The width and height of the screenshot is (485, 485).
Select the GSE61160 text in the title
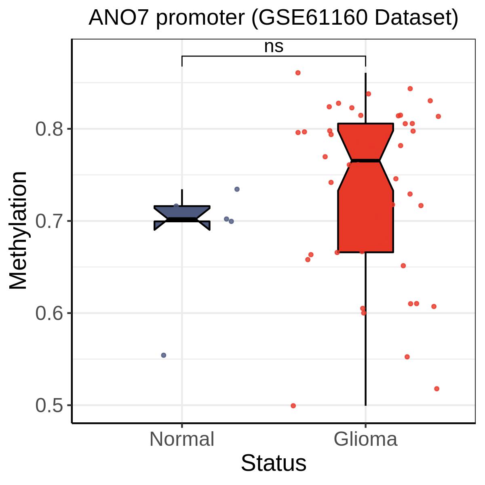pos(313,18)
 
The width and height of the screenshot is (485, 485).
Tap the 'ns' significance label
pos(274,46)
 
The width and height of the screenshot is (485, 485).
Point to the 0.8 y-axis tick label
pos(49,129)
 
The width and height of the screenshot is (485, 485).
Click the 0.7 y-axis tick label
pos(49,221)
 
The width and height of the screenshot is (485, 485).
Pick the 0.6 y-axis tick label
pos(49,313)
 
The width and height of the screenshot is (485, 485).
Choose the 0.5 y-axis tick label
pos(49,405)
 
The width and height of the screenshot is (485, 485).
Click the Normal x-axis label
pos(182,439)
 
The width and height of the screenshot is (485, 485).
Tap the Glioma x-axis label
pos(365,439)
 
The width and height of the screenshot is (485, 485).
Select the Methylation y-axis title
pos(18,230)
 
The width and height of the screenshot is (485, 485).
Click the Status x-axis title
pos(274,463)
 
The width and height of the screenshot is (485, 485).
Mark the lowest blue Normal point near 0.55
pos(164,355)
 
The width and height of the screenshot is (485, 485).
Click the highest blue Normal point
pos(237,189)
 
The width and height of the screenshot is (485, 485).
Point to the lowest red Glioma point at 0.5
pos(293,406)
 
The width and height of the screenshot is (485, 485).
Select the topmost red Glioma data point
pos(298,73)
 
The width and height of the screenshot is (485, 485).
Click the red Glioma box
pos(365,188)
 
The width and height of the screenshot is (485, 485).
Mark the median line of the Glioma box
pos(365,160)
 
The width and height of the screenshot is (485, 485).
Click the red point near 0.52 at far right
pos(436,388)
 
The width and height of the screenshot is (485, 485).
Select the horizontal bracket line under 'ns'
pos(274,56)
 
